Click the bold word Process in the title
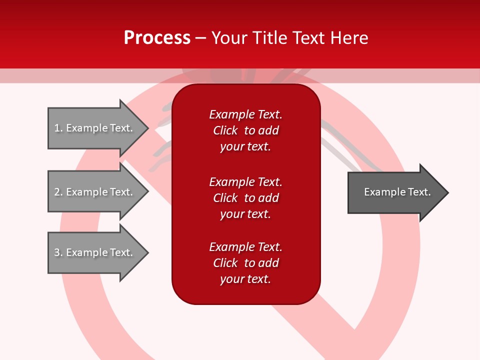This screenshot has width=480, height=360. point(157,38)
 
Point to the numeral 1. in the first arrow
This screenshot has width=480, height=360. point(58,128)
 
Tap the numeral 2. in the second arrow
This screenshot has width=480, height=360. point(58,192)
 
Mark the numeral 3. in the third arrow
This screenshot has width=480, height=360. point(58,252)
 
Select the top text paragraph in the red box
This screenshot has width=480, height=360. point(245,130)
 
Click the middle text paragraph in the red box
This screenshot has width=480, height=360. point(245,198)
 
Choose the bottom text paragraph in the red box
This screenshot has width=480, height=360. point(245,263)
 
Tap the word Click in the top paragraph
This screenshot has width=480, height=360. point(225,130)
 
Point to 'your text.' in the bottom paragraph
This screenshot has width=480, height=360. point(245,279)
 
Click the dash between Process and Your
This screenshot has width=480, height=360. point(200,38)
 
